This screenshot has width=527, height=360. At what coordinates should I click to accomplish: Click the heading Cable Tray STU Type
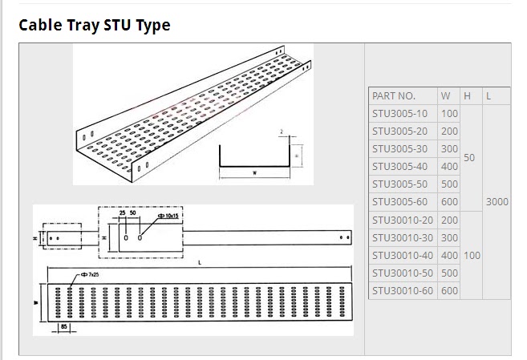pyautogui.click(x=95, y=25)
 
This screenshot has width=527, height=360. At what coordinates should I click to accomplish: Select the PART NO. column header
pyautogui.click(x=394, y=95)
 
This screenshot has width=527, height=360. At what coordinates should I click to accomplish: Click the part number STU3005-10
pyautogui.click(x=400, y=114)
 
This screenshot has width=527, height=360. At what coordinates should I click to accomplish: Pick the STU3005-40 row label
pyautogui.click(x=400, y=166)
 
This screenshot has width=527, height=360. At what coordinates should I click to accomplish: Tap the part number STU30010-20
pyautogui.click(x=403, y=220)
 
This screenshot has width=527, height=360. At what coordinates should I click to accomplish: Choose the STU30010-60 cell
pyautogui.click(x=403, y=290)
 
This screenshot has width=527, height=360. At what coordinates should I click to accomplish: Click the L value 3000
pyautogui.click(x=497, y=202)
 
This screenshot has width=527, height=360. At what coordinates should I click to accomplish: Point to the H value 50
pyautogui.click(x=470, y=158)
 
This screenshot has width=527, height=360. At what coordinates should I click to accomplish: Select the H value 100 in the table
pyautogui.click(x=472, y=255)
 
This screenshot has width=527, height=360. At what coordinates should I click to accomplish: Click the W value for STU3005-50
pyautogui.click(x=449, y=184)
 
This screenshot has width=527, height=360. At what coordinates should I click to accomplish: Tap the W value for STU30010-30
pyautogui.click(x=449, y=237)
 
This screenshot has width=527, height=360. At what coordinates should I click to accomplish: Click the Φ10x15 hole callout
pyautogui.click(x=168, y=216)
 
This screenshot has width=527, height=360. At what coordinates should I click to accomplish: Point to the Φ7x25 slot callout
pyautogui.click(x=87, y=274)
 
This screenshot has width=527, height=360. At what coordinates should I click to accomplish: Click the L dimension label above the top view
pyautogui.click(x=198, y=262)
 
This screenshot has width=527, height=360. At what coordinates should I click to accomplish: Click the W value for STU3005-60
pyautogui.click(x=449, y=202)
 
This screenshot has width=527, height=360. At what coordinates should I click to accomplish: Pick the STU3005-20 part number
pyautogui.click(x=400, y=131)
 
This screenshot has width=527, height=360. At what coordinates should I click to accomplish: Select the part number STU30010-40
pyautogui.click(x=403, y=255)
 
